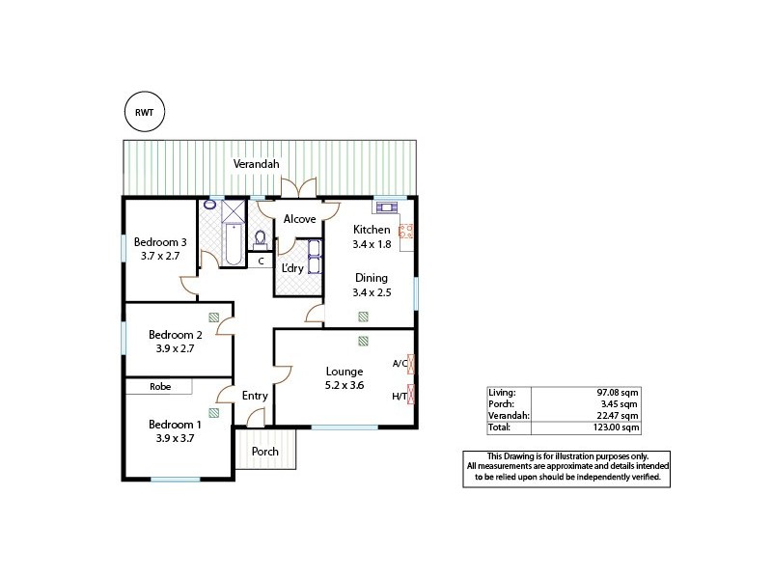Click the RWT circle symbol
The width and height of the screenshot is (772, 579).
(x=145, y=112)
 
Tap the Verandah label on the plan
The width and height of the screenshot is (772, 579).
(x=257, y=165)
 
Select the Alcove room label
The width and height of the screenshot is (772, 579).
(x=299, y=219)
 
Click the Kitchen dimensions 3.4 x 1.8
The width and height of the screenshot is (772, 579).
(x=372, y=245)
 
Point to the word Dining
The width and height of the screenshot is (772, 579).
(x=371, y=278)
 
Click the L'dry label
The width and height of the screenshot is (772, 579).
(x=292, y=268)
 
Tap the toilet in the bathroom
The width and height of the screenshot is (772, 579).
(x=259, y=237)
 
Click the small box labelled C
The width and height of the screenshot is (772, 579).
(x=261, y=261)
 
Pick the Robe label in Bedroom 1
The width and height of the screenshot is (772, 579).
(x=160, y=387)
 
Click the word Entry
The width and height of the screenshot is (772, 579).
(x=255, y=396)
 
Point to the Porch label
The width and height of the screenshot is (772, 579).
(x=265, y=452)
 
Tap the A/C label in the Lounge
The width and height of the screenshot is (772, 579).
(x=399, y=364)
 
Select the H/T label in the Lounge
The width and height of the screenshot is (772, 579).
(x=399, y=395)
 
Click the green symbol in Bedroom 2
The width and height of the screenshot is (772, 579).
(x=212, y=317)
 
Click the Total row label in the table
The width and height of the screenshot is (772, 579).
(x=501, y=426)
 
